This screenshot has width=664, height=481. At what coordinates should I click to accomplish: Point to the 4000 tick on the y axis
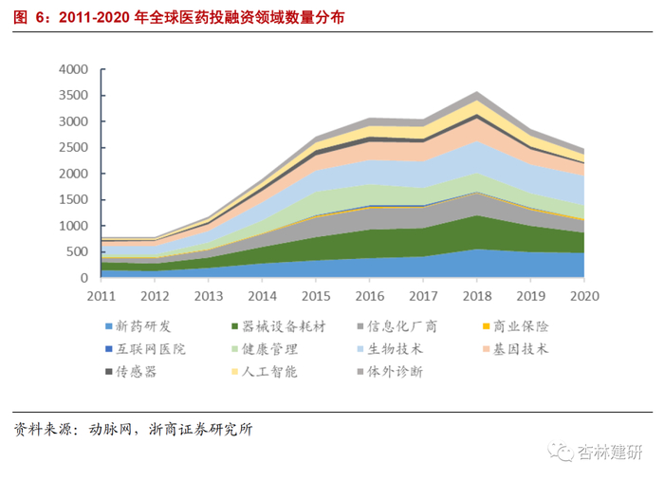pos(73,69)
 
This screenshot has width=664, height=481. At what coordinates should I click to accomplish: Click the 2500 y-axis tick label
pos(73,148)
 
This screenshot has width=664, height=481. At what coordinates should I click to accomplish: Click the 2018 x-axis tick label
pos(476,297)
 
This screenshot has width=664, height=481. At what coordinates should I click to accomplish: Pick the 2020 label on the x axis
pos(584,297)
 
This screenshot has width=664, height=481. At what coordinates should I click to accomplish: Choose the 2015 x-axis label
pos(315,297)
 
